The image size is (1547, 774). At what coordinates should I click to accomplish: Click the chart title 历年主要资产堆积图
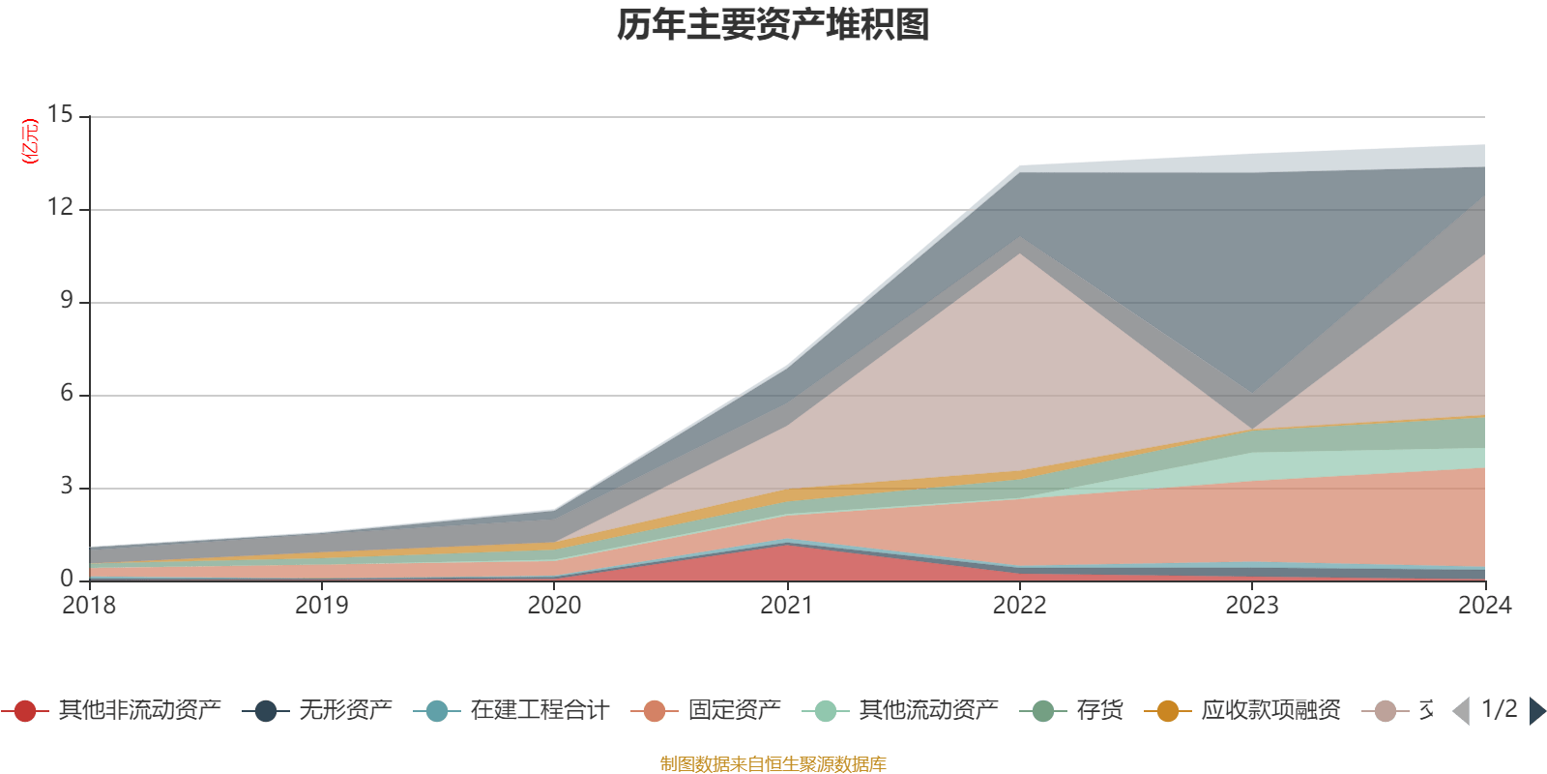pyautogui.click(x=773, y=25)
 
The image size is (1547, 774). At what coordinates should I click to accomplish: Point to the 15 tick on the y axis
pyautogui.click(x=60, y=115)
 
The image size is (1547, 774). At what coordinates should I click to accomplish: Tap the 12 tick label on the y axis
pyautogui.click(x=60, y=208)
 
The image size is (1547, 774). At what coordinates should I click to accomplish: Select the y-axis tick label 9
pyautogui.click(x=67, y=301)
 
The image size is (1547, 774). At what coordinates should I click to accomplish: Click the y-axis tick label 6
pyautogui.click(x=67, y=394)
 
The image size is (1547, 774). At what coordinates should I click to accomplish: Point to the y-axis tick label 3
pyautogui.click(x=67, y=487)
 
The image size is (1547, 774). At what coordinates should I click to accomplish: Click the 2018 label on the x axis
pyautogui.click(x=89, y=606)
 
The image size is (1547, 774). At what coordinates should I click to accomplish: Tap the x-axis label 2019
pyautogui.click(x=321, y=606)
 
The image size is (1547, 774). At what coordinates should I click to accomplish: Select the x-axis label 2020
pyautogui.click(x=554, y=606)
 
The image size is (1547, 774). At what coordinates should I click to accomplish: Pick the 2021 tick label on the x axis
pyautogui.click(x=787, y=606)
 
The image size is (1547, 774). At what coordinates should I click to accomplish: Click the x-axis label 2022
pyautogui.click(x=1019, y=606)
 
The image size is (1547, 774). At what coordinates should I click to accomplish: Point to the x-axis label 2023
pyautogui.click(x=1252, y=606)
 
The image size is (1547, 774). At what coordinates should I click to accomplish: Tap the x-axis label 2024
pyautogui.click(x=1484, y=606)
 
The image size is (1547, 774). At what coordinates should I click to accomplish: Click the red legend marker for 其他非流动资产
pyautogui.click(x=25, y=711)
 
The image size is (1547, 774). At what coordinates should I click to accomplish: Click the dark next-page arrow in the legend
pyautogui.click(x=1536, y=711)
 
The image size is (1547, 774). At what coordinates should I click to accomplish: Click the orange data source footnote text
pyautogui.click(x=773, y=764)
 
